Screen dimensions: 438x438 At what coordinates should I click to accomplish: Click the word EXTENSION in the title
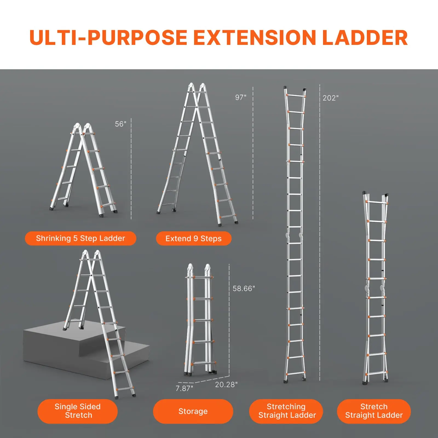(x=255, y=38)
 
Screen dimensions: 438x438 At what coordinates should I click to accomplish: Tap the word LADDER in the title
(x=365, y=38)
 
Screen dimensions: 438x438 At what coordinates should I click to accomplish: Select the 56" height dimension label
(x=120, y=124)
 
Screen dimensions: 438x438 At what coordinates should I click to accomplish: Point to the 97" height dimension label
(x=241, y=97)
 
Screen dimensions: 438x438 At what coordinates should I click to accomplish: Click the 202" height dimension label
(x=330, y=98)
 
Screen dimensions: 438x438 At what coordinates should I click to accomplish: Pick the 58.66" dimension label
(x=244, y=289)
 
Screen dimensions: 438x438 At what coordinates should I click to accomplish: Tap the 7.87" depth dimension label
(x=184, y=388)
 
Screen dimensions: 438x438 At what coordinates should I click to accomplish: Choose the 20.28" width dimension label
(x=226, y=385)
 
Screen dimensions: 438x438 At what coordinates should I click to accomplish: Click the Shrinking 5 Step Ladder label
(x=80, y=238)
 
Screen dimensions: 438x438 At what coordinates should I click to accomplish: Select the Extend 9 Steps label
(x=194, y=238)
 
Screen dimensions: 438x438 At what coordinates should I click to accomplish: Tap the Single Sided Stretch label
(x=77, y=411)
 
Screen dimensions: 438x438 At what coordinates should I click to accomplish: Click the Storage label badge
(x=193, y=411)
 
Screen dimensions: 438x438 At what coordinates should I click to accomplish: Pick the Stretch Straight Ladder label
(x=374, y=411)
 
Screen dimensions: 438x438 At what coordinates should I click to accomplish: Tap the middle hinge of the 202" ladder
(x=294, y=235)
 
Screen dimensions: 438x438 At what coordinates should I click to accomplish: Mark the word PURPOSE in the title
(x=137, y=38)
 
